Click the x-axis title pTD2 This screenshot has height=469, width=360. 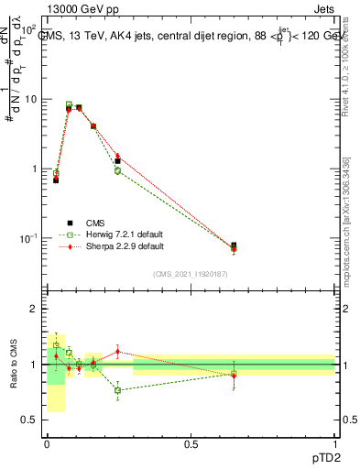pos(326,455)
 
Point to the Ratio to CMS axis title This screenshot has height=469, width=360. pos(14,364)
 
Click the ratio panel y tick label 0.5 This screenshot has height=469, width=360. pos(31,420)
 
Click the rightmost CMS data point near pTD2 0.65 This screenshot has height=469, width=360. pos(234,245)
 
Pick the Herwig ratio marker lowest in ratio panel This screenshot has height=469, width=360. pos(117,390)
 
